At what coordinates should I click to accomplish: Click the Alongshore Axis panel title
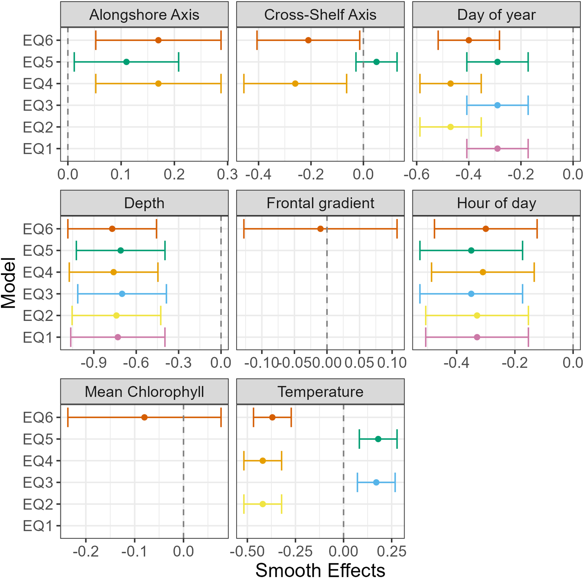point(144,15)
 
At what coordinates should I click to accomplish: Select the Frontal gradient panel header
point(320,203)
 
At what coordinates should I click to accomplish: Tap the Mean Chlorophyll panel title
point(144,392)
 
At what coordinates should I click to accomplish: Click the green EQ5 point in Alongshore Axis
point(126,62)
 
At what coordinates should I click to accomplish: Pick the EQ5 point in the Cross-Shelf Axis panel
point(376,62)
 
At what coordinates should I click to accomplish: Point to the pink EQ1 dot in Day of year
point(497,149)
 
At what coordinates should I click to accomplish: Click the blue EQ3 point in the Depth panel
point(122,294)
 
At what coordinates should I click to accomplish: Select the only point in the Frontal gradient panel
point(320,229)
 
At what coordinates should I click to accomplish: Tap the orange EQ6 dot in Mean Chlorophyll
point(144,417)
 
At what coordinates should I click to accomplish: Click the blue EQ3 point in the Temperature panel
point(376,482)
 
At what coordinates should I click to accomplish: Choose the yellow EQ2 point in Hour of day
point(477,315)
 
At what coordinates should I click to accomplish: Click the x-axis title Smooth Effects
point(320,570)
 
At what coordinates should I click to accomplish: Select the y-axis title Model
point(8,283)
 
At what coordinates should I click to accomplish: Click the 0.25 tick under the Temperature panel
point(392,551)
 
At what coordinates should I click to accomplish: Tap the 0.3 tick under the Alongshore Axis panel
point(227,175)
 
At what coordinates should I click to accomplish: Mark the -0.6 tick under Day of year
point(417,175)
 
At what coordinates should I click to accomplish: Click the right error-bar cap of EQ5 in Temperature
point(397,439)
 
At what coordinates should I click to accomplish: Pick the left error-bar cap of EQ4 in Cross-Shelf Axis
point(244,84)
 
